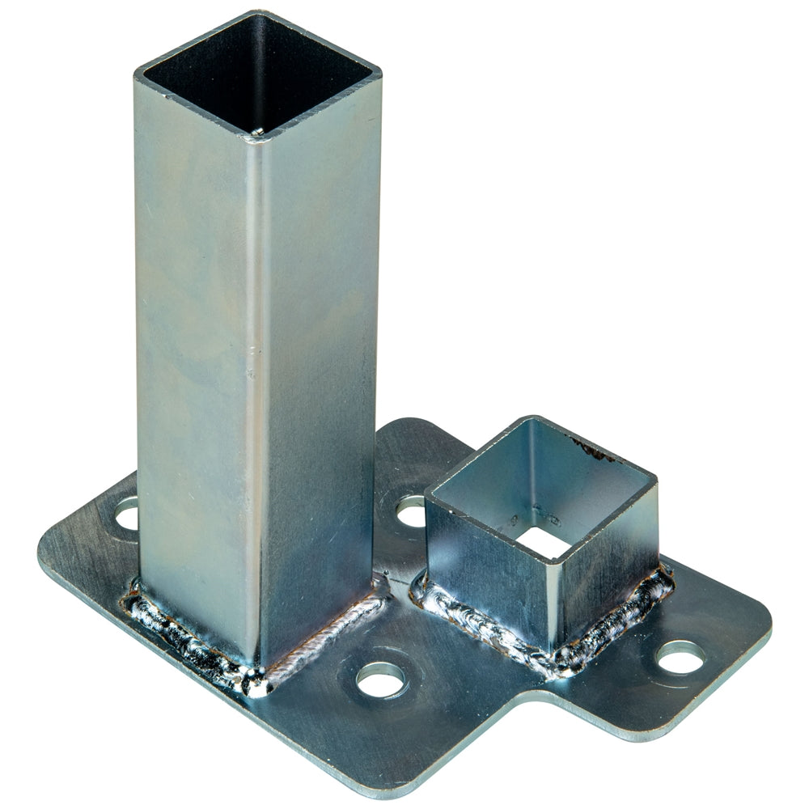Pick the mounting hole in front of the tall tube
pyautogui.click(x=381, y=680)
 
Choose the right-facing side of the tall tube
pyautogui.click(x=320, y=364)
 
